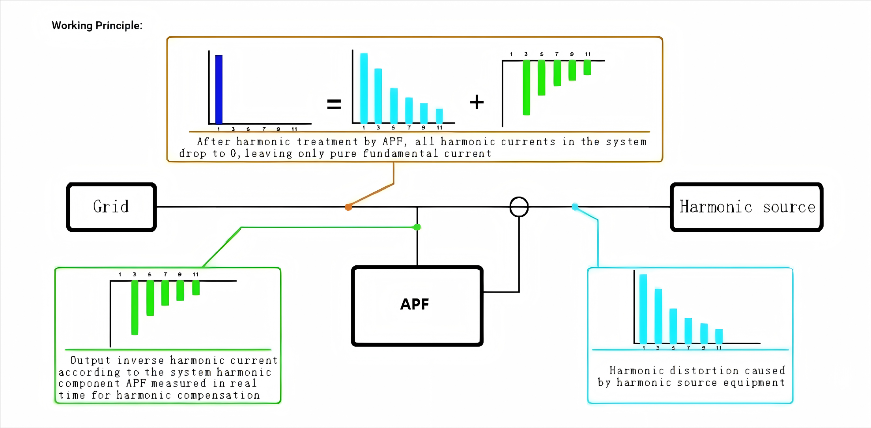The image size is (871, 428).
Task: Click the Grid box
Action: point(112,207)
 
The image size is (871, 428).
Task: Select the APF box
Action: point(417,306)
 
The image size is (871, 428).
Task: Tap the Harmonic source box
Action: point(746,207)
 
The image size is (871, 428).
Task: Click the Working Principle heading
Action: point(97,26)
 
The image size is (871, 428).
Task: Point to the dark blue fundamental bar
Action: point(219,89)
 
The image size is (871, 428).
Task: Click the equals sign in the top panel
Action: point(334,104)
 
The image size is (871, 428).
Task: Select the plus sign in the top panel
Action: point(477,102)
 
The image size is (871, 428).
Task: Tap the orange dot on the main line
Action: point(348,207)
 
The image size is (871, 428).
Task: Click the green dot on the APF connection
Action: point(417,227)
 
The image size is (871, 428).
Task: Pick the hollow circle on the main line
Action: point(519,207)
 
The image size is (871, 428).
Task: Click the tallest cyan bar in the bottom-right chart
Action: point(643,309)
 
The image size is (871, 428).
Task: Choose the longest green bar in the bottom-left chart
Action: point(135,307)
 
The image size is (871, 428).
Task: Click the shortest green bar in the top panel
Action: point(587,67)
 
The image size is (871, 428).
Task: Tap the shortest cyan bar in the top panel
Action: point(439,116)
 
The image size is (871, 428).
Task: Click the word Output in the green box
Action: point(90,360)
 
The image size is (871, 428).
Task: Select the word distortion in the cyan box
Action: point(704,371)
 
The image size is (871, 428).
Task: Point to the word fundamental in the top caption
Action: point(400,154)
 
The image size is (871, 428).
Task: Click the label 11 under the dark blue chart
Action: point(294,129)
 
